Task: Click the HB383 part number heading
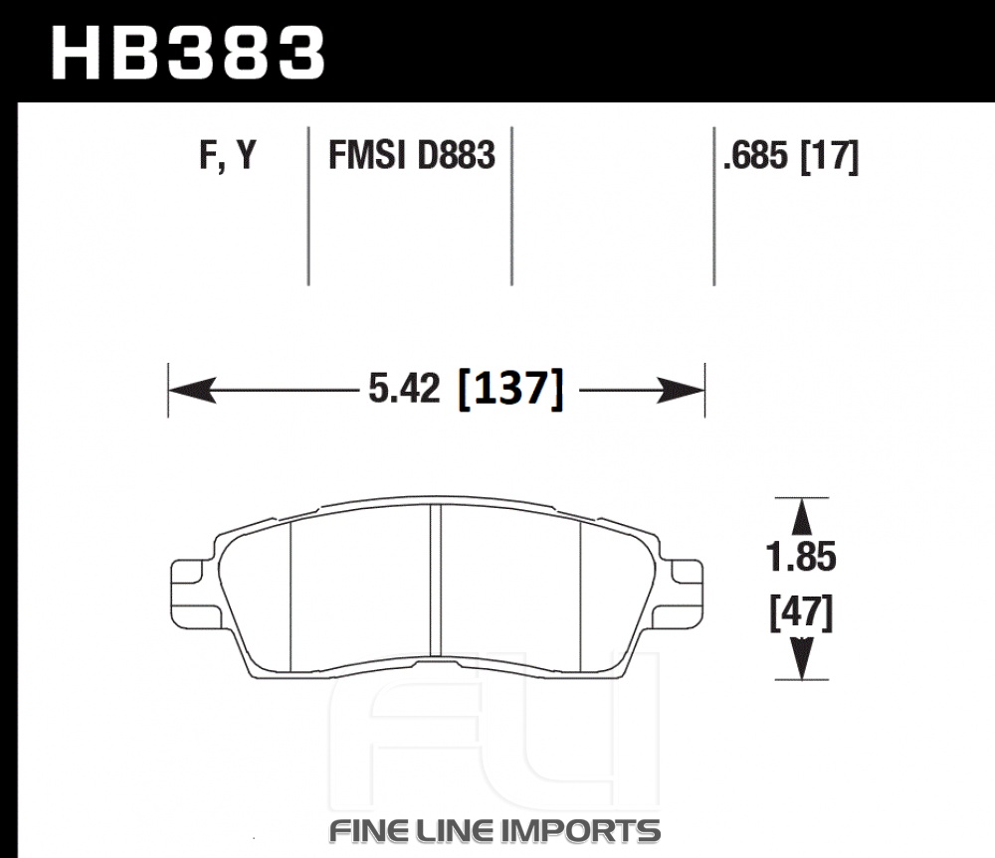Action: click(188, 53)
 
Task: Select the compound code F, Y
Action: click(228, 155)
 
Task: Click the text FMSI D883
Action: click(411, 155)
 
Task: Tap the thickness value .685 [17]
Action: click(791, 156)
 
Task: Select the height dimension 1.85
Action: click(801, 557)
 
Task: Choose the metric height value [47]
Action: click(801, 612)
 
